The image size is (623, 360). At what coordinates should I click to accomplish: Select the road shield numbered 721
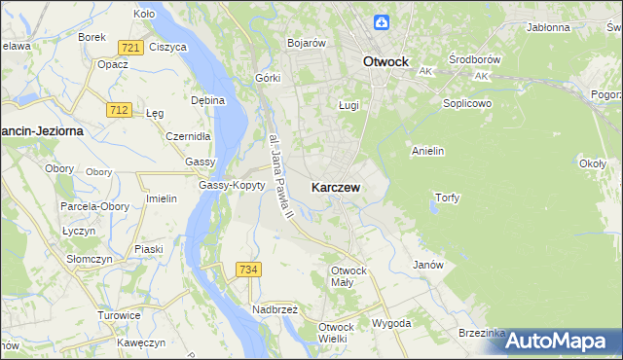pos(129,47)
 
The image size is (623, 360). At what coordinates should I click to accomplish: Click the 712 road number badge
pos(119,110)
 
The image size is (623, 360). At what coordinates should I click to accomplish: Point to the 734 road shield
pos(247,269)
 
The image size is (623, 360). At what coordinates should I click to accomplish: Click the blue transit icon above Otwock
pos(384,22)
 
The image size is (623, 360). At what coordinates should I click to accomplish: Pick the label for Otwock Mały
pos(348,275)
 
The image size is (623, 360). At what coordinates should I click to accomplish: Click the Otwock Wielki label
pos(332,333)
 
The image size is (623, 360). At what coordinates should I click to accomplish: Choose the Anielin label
pos(428,151)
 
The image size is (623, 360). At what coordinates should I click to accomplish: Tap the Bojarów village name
pos(306,43)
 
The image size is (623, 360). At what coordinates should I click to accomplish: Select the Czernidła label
pos(188,136)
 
